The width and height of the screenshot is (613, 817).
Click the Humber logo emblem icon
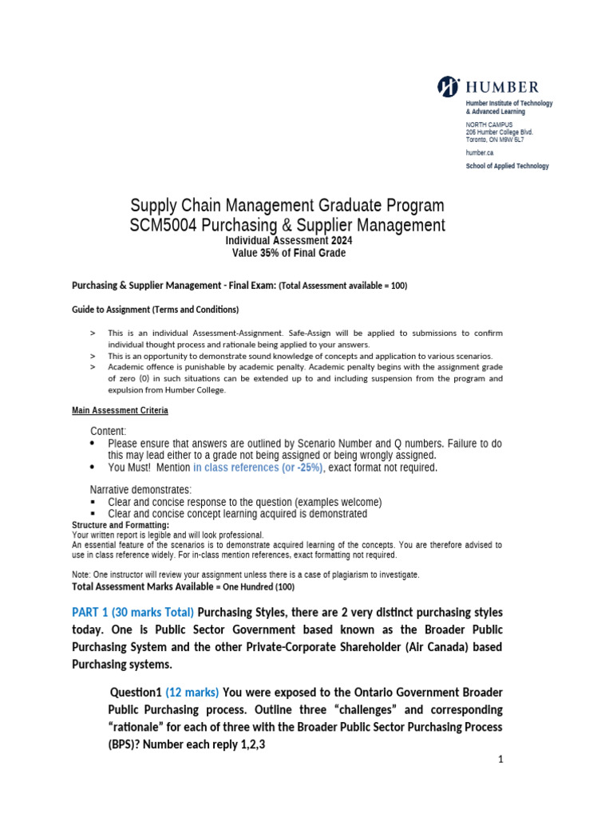click(x=449, y=86)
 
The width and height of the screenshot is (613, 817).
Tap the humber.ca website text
click(x=479, y=152)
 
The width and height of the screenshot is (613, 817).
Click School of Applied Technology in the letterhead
click(x=507, y=166)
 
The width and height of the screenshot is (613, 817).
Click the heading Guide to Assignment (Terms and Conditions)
click(x=155, y=310)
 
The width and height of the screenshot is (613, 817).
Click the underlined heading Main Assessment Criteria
click(x=120, y=411)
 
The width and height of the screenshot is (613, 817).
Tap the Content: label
click(x=108, y=431)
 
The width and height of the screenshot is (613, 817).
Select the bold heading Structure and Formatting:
click(x=121, y=525)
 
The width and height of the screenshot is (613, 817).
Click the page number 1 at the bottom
click(x=500, y=760)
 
